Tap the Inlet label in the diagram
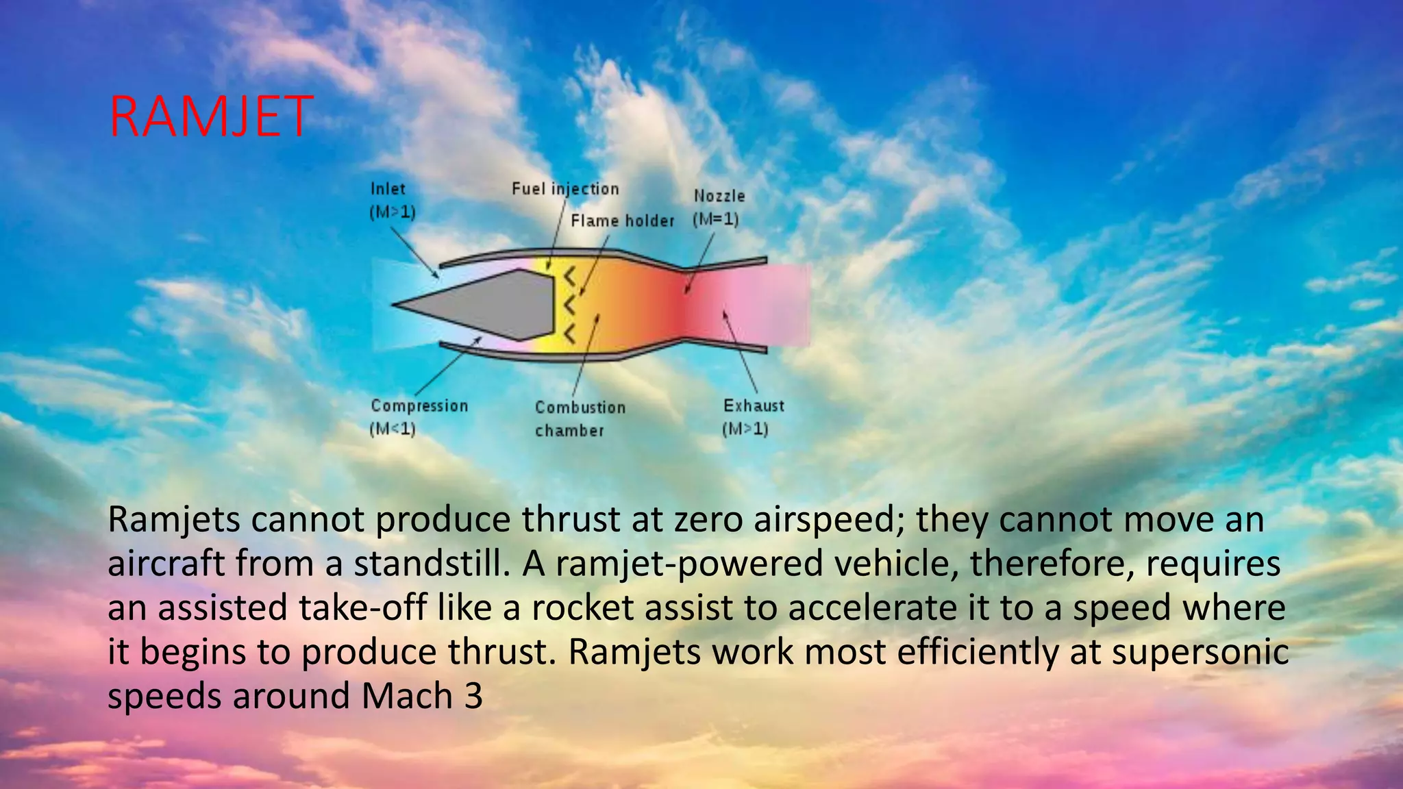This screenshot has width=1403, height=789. click(x=388, y=189)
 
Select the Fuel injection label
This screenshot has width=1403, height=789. click(x=565, y=189)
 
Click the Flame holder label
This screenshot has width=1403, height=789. click(x=622, y=221)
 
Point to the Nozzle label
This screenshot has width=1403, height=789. click(x=719, y=196)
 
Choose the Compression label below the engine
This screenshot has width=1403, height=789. click(x=419, y=405)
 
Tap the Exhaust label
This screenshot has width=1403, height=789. click(x=754, y=405)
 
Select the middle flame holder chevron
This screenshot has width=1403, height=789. click(x=569, y=305)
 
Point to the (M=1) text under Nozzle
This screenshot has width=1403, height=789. click(x=715, y=220)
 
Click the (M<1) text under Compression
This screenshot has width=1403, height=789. click(x=393, y=429)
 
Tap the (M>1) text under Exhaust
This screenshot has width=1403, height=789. click(x=745, y=429)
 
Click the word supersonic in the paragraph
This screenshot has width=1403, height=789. click(x=1200, y=651)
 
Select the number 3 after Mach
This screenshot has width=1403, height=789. click(x=473, y=696)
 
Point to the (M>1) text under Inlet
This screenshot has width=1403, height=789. click(x=393, y=212)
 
